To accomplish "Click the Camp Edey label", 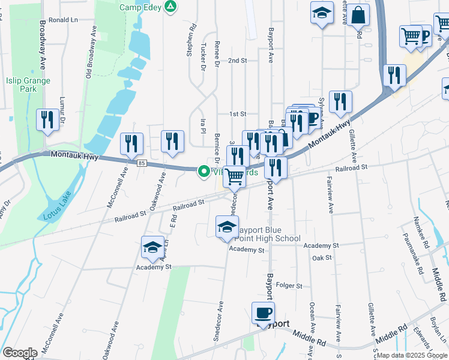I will (140, 7).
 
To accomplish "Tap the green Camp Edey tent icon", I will (171, 7).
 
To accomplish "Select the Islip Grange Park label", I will (21, 84).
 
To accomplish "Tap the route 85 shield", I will (141, 163).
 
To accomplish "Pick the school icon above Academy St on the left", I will (152, 247).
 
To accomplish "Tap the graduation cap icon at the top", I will (322, 12).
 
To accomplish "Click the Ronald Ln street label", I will (64, 20).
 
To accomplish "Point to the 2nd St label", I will (238, 61).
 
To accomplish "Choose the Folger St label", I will (291, 286).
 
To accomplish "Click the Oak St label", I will (322, 257).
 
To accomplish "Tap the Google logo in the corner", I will (20, 353).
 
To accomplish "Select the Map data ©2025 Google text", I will (412, 355).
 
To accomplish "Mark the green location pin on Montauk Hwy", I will (204, 172).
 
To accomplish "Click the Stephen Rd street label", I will (192, 40).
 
